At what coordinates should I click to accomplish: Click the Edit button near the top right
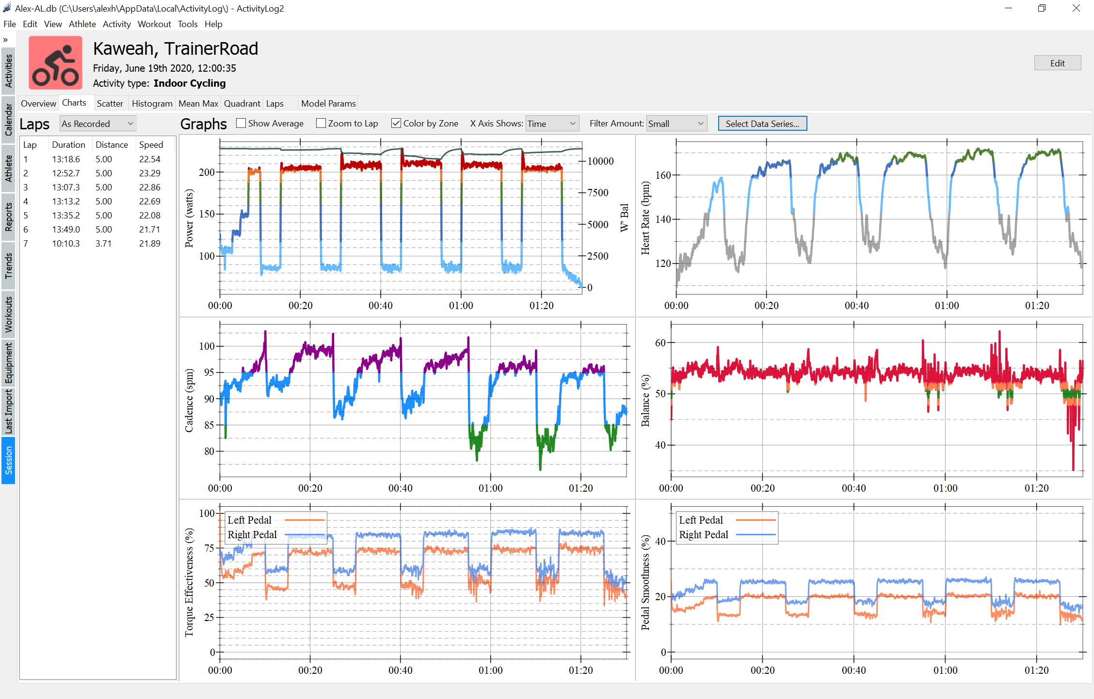(x=1057, y=63)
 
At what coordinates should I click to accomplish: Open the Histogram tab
(x=152, y=104)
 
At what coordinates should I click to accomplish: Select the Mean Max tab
(x=198, y=104)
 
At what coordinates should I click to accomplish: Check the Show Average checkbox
(x=241, y=124)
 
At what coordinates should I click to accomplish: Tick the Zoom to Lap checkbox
(x=321, y=124)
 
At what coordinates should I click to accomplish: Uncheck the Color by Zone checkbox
(x=396, y=124)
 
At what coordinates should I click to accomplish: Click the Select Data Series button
(x=762, y=124)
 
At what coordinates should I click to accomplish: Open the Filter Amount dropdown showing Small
(x=676, y=124)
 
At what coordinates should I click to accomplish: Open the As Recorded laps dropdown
(x=97, y=124)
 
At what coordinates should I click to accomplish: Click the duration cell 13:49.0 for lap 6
(x=66, y=230)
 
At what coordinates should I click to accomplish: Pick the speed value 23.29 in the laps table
(x=149, y=173)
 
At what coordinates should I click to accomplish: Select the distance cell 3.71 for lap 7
(x=103, y=244)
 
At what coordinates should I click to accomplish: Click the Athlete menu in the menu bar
(x=82, y=24)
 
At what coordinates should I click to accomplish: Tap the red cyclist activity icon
(x=55, y=63)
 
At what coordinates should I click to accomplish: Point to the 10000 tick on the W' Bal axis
(x=600, y=161)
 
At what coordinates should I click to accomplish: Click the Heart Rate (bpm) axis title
(x=645, y=218)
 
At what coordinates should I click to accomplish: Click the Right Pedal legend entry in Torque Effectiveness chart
(x=252, y=535)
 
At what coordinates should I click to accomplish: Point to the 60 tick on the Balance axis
(x=660, y=343)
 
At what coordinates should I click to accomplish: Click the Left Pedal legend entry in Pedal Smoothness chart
(x=701, y=520)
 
